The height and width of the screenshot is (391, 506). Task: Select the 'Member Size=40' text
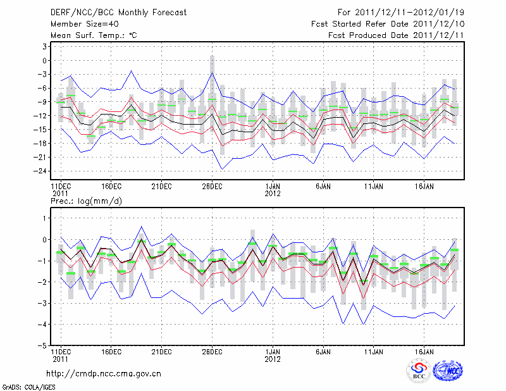point(82,24)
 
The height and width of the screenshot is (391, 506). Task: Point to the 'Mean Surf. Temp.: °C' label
point(94,35)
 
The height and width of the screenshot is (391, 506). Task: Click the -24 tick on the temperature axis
point(42,171)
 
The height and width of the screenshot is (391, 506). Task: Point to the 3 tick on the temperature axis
point(45,47)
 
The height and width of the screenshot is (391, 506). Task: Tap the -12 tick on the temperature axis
point(42,116)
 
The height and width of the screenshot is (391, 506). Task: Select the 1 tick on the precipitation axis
point(46,218)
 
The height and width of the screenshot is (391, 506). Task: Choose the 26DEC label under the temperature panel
point(212,187)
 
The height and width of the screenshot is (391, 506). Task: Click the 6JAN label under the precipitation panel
point(323,351)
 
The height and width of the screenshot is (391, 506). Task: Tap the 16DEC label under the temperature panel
point(111,187)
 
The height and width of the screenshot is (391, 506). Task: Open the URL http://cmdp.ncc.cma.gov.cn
point(104,373)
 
